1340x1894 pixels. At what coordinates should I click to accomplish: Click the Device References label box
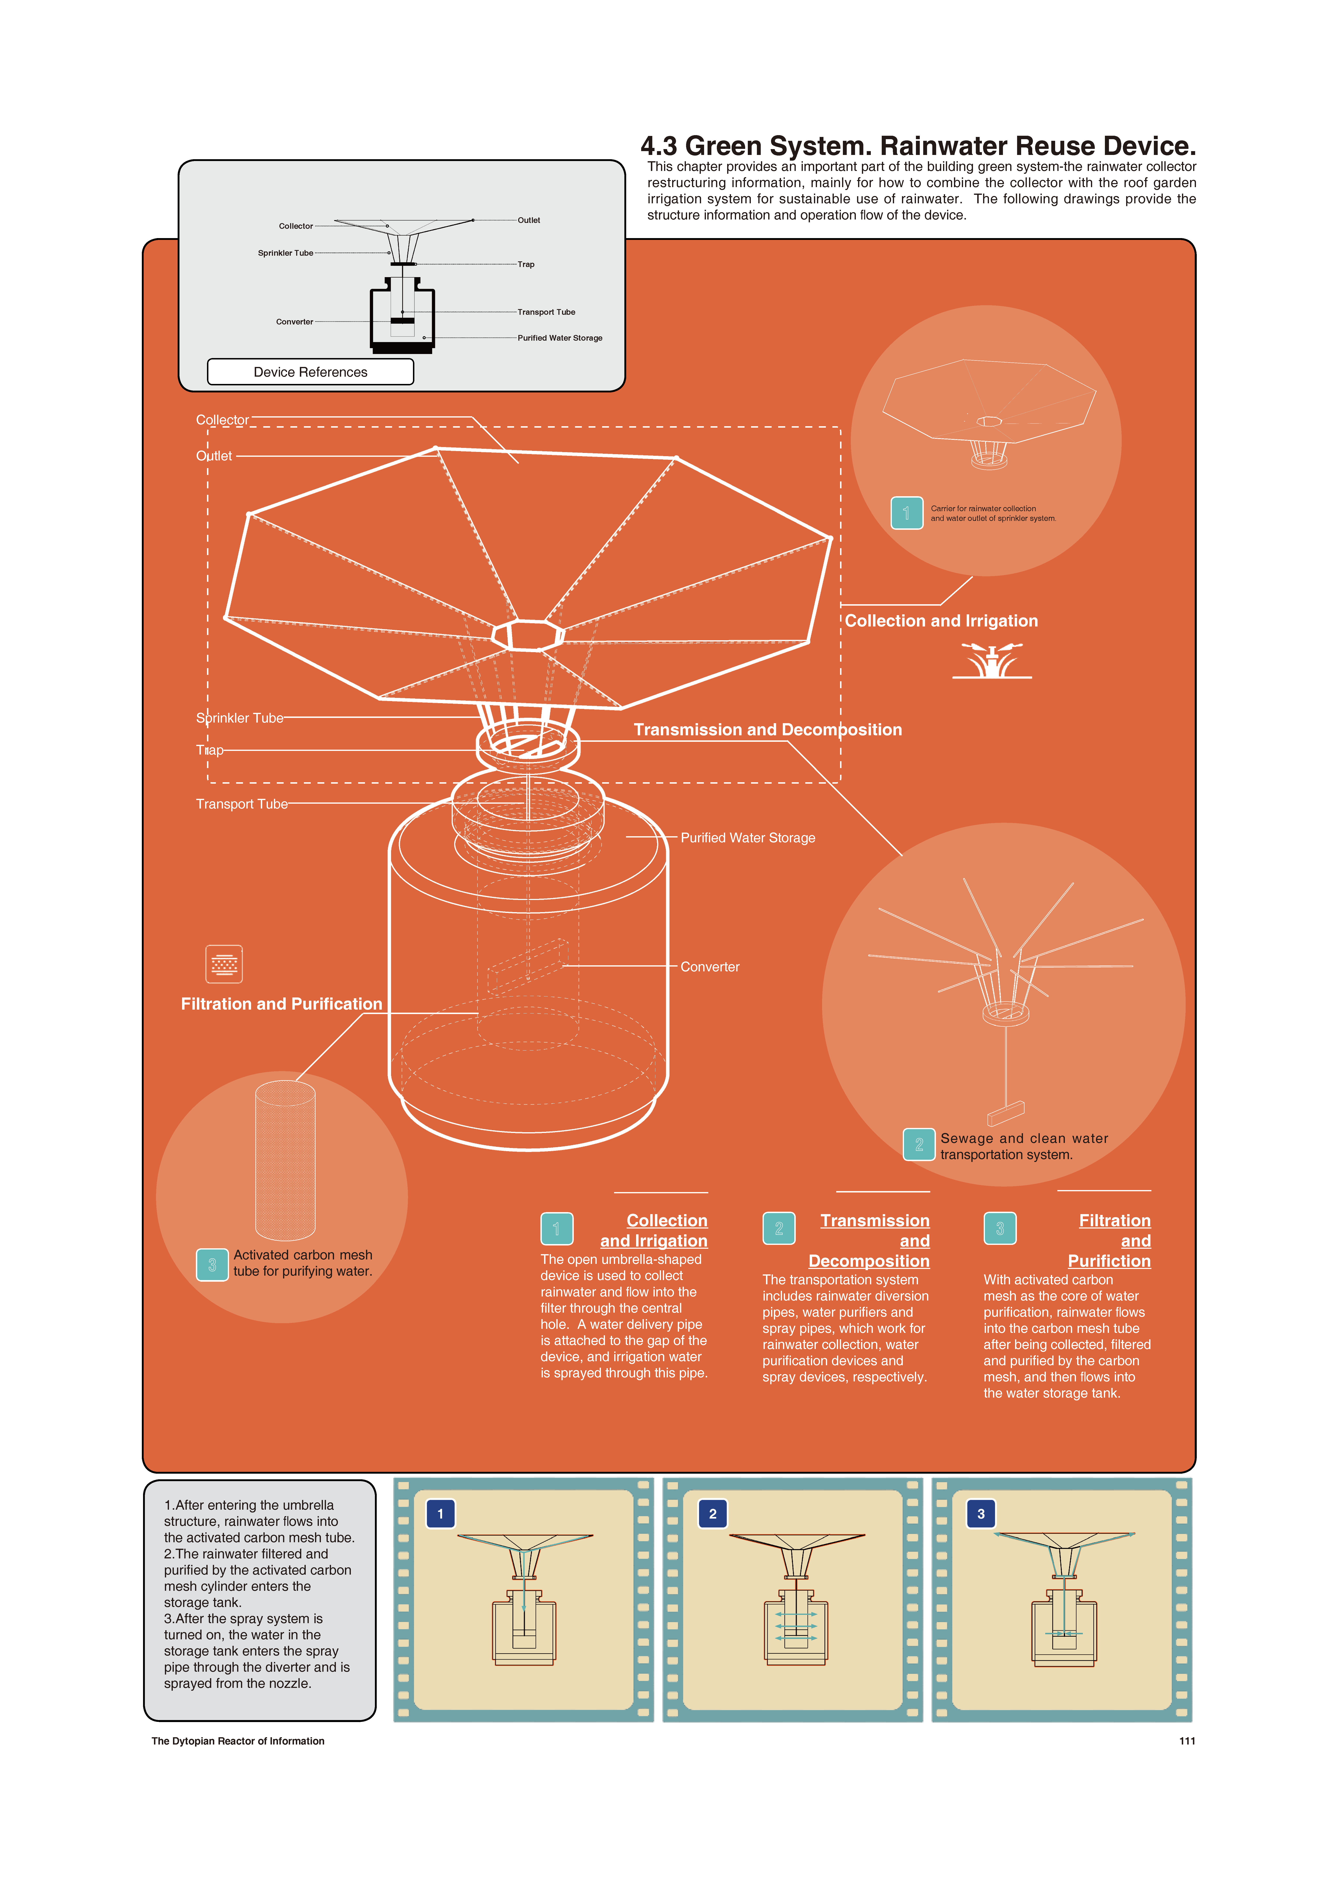(310, 372)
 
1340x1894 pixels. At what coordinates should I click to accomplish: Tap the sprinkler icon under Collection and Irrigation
(992, 661)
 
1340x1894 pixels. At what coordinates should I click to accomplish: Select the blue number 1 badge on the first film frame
(441, 1514)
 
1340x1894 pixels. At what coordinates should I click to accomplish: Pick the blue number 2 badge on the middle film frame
(713, 1514)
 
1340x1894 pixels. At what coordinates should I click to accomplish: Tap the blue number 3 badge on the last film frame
(981, 1514)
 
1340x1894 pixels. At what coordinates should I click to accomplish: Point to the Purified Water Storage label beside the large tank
(748, 838)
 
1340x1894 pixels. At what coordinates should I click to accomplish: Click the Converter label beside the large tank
(710, 967)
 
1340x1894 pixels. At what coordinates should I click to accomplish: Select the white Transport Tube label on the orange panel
(242, 804)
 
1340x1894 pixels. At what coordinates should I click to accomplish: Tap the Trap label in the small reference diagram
(526, 265)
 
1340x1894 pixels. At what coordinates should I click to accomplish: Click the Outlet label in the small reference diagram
(529, 220)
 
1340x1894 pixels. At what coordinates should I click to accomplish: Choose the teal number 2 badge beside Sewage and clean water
(919, 1145)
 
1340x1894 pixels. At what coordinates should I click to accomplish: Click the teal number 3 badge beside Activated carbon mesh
(212, 1265)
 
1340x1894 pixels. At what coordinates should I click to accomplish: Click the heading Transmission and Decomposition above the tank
(767, 730)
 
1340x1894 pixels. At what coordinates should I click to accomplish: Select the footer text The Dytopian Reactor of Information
(238, 1741)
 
